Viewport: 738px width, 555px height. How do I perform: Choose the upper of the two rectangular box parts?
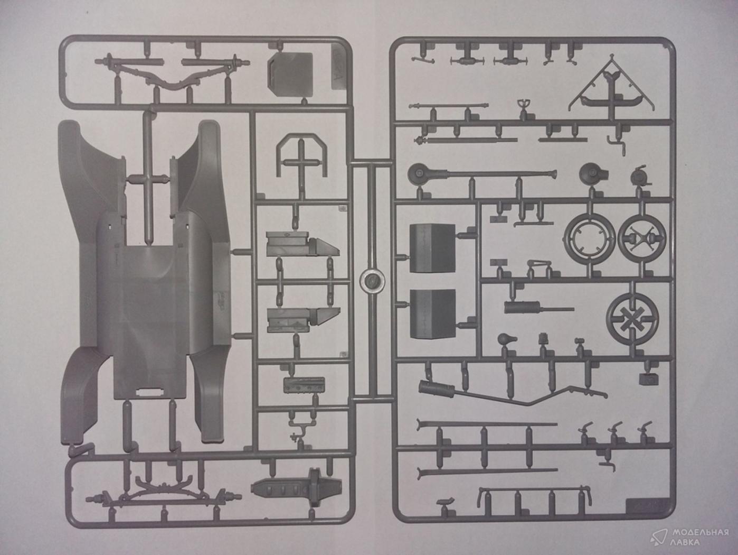pyautogui.click(x=431, y=248)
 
